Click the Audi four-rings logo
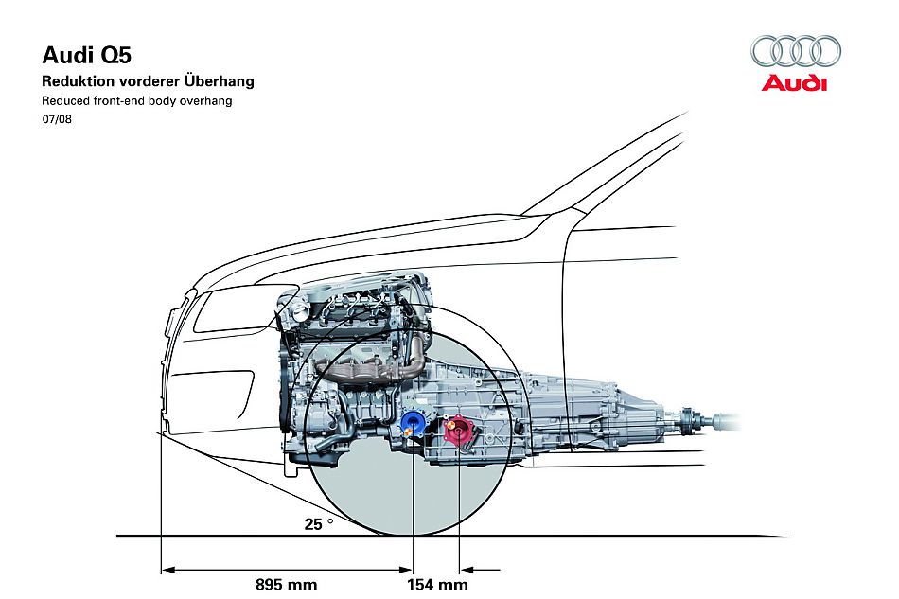[795, 51]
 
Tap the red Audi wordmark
[795, 83]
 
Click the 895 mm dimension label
[286, 584]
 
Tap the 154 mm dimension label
[437, 584]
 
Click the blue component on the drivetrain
[412, 422]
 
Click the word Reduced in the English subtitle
[64, 100]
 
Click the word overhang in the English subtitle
[207, 100]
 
